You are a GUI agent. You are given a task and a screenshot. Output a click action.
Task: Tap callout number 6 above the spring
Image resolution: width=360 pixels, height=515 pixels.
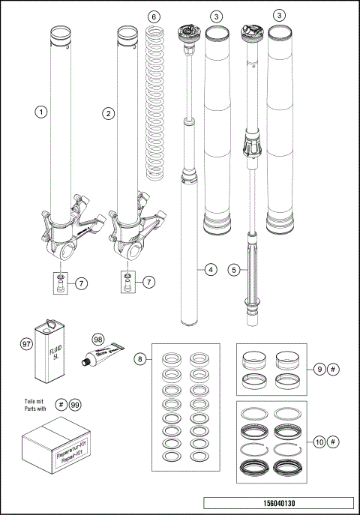154,16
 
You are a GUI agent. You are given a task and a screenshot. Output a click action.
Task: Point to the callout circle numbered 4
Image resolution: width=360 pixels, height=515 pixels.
211,268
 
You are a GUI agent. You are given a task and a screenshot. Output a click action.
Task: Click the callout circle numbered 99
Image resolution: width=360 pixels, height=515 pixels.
74,405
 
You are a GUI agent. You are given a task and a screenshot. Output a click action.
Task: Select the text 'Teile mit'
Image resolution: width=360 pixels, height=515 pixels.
35,401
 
